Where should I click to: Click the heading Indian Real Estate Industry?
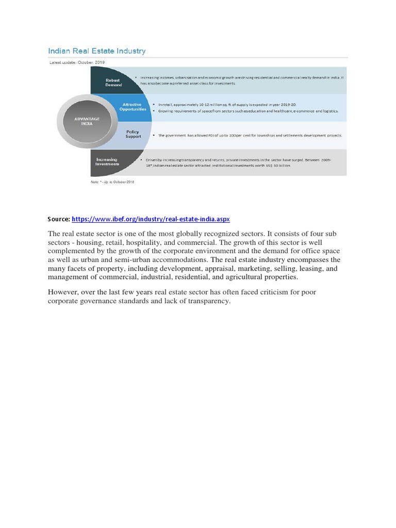[97, 51]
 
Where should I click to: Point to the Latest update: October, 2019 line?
[76, 62]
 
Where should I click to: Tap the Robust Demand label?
[113, 82]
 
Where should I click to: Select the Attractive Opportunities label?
[133, 107]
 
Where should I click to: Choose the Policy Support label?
[133, 134]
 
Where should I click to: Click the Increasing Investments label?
[107, 162]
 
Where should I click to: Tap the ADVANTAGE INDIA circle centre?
[87, 121]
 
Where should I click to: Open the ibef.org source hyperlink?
[151, 219]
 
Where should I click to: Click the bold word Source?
[58, 219]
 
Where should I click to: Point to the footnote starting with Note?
[109, 181]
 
